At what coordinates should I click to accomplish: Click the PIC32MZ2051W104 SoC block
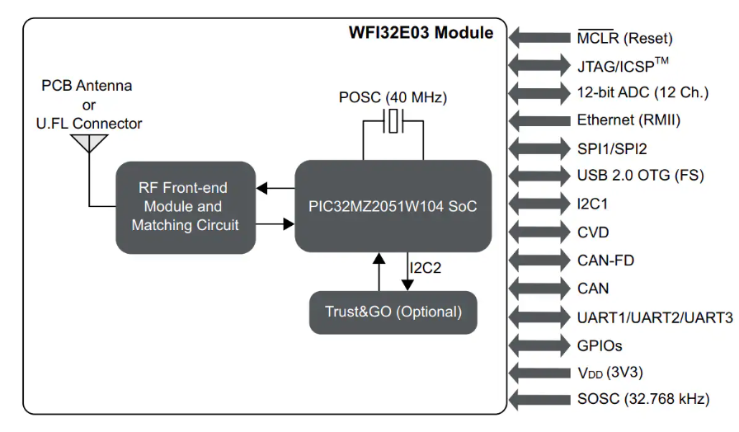click(x=393, y=206)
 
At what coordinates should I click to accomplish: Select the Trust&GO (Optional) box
click(x=393, y=312)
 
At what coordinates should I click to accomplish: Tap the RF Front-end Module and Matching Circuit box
click(x=185, y=206)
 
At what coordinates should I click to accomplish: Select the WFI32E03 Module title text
click(x=421, y=33)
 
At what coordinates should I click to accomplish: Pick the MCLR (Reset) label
click(x=624, y=38)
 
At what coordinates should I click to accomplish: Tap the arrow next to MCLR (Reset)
click(x=540, y=38)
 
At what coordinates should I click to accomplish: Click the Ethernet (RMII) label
click(x=628, y=120)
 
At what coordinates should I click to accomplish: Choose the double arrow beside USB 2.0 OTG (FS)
click(x=540, y=176)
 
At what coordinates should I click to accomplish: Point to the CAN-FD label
click(x=605, y=261)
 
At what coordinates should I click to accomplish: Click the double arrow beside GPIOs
click(x=540, y=345)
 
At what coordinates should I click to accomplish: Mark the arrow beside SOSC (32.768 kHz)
click(x=540, y=400)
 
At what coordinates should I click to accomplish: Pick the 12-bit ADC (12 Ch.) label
click(x=643, y=92)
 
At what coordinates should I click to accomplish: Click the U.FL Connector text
click(x=88, y=124)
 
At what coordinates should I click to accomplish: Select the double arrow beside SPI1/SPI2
click(x=540, y=148)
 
